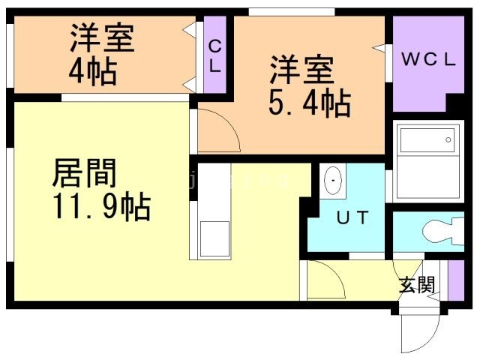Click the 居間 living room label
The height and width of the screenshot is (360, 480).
(x=84, y=174)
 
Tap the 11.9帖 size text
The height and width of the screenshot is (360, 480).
(x=100, y=205)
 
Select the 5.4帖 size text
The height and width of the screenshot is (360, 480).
(x=309, y=104)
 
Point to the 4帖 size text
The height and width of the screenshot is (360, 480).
(x=91, y=73)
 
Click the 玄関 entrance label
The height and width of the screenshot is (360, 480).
(x=416, y=284)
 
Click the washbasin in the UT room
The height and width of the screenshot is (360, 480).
(x=333, y=181)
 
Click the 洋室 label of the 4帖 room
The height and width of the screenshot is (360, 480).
(x=103, y=39)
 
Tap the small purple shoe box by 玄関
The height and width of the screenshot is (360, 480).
(x=452, y=279)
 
